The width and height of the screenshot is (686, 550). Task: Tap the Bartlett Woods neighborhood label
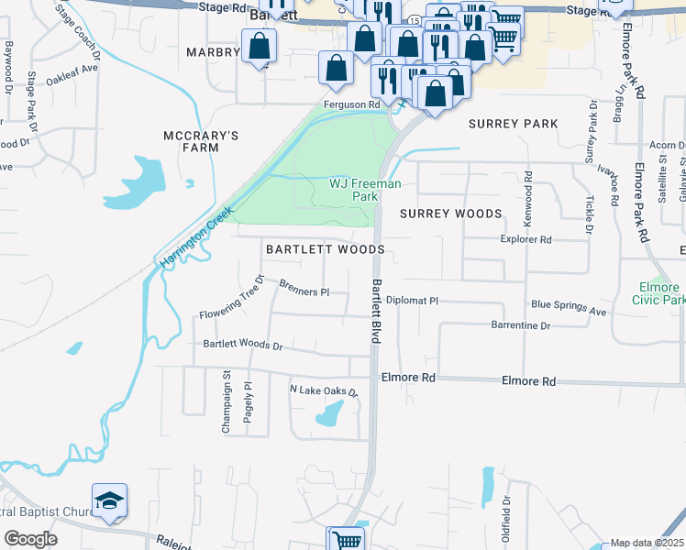[x=325, y=249]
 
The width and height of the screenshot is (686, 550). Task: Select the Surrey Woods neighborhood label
[x=451, y=214]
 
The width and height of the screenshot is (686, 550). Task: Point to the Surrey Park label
[x=513, y=123]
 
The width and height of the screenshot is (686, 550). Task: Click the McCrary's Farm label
[x=201, y=141]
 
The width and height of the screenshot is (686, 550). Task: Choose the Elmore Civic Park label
[x=659, y=293]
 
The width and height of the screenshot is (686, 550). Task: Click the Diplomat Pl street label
[x=413, y=300]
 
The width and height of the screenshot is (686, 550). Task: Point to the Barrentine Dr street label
[x=521, y=325]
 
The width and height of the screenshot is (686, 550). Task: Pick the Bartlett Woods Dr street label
[x=243, y=346]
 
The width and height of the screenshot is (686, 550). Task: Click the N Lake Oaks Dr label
[x=322, y=391]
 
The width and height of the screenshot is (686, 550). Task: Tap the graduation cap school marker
[x=109, y=500]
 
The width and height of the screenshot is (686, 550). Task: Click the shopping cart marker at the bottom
[x=346, y=541]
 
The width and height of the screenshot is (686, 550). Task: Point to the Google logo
[x=30, y=539]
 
